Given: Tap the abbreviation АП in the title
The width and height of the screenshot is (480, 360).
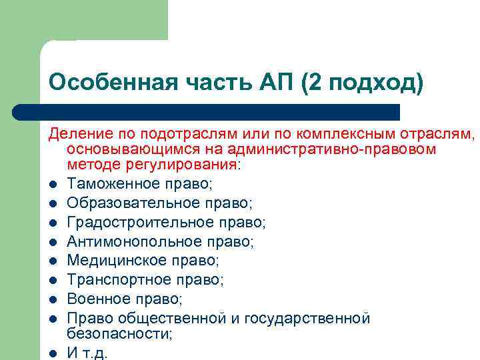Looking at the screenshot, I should coord(273,83).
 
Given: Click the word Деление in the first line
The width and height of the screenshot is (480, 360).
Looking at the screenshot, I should coord(73,135).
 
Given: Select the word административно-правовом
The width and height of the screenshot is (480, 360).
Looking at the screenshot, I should coord(331,149).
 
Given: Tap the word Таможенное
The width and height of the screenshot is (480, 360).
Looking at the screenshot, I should coord(111,183).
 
